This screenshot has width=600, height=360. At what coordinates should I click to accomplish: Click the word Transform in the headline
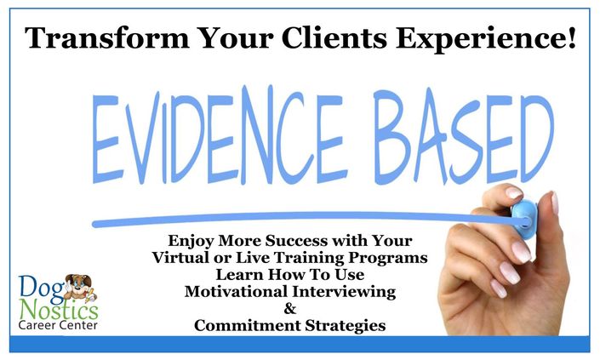click(107, 38)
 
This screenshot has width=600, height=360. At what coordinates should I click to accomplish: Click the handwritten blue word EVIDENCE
click(217, 136)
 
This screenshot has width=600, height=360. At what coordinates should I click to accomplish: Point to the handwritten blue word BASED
click(464, 137)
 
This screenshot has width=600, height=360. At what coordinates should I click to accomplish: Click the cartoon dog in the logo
click(80, 288)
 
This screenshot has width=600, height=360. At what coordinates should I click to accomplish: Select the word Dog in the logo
click(41, 287)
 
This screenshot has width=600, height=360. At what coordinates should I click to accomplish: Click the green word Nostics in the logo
click(59, 310)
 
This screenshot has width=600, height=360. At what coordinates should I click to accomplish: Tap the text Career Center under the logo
click(58, 326)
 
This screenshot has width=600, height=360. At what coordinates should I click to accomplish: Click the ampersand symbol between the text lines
click(289, 308)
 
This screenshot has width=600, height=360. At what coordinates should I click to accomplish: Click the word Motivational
click(236, 292)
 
